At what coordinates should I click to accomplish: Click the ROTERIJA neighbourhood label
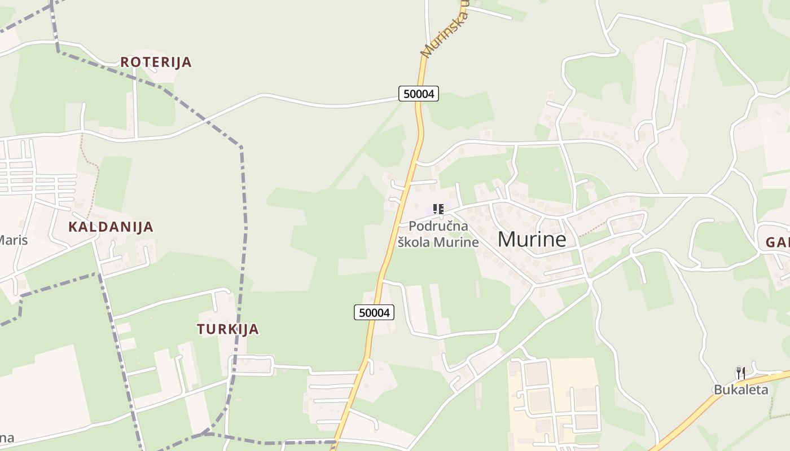(156, 62)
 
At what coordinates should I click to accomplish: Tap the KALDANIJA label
(111, 227)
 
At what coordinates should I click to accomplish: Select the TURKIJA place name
(227, 329)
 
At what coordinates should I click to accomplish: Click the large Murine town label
(532, 240)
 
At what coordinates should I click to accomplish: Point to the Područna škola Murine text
(438, 234)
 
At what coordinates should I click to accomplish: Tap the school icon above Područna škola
(438, 210)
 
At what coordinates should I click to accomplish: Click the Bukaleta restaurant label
(741, 390)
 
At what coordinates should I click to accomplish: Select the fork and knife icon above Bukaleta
(740, 373)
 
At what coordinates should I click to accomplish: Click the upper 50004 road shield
(419, 94)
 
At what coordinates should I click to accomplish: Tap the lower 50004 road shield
(374, 312)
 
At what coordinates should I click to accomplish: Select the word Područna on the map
(438, 227)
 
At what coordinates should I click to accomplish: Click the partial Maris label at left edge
(12, 240)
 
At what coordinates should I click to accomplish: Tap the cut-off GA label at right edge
(778, 243)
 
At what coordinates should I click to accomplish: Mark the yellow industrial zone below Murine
(553, 400)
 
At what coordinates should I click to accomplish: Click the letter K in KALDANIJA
(73, 227)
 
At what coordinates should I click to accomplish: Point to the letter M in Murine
(507, 240)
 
